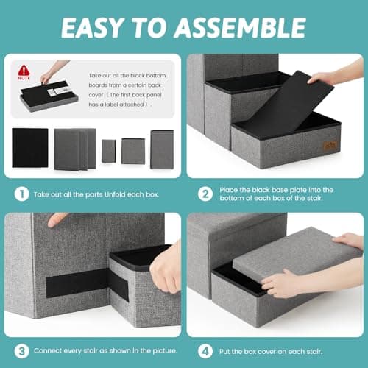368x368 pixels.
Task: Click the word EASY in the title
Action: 92,27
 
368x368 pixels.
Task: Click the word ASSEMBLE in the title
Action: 241,27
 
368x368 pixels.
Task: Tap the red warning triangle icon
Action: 24,71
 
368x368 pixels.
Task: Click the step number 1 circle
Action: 21,194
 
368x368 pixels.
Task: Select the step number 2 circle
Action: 205,194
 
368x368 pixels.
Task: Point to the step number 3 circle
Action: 21,351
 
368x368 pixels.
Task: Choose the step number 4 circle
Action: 205,351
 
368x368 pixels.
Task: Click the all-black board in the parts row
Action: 30,148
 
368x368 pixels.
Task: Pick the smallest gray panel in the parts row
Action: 109,151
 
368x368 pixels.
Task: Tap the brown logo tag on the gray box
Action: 330,146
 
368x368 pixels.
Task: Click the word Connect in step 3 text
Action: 48,351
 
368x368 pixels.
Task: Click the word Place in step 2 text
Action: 228,190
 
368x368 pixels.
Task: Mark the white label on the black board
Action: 57,91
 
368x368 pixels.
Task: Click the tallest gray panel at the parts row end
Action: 162,149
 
